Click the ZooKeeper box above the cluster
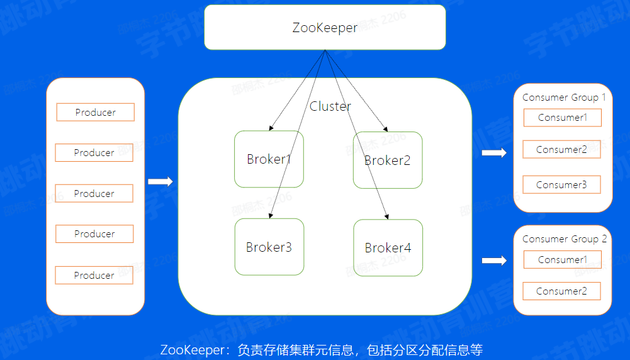tap(325, 28)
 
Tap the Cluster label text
tap(330, 106)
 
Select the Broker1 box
tap(269, 159)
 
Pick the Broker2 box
tap(388, 160)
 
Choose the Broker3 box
tap(269, 247)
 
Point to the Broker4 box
tap(388, 248)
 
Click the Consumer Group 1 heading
tap(564, 98)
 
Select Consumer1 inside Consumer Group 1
tap(562, 118)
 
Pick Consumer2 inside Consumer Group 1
tap(561, 150)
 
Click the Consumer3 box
tap(561, 185)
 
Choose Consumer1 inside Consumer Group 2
tap(562, 260)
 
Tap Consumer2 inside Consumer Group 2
tap(561, 291)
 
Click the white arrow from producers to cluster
tap(160, 182)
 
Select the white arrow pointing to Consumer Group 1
tap(494, 153)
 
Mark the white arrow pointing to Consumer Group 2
tap(494, 261)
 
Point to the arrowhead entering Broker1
tap(271, 128)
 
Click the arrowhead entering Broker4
tap(387, 217)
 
